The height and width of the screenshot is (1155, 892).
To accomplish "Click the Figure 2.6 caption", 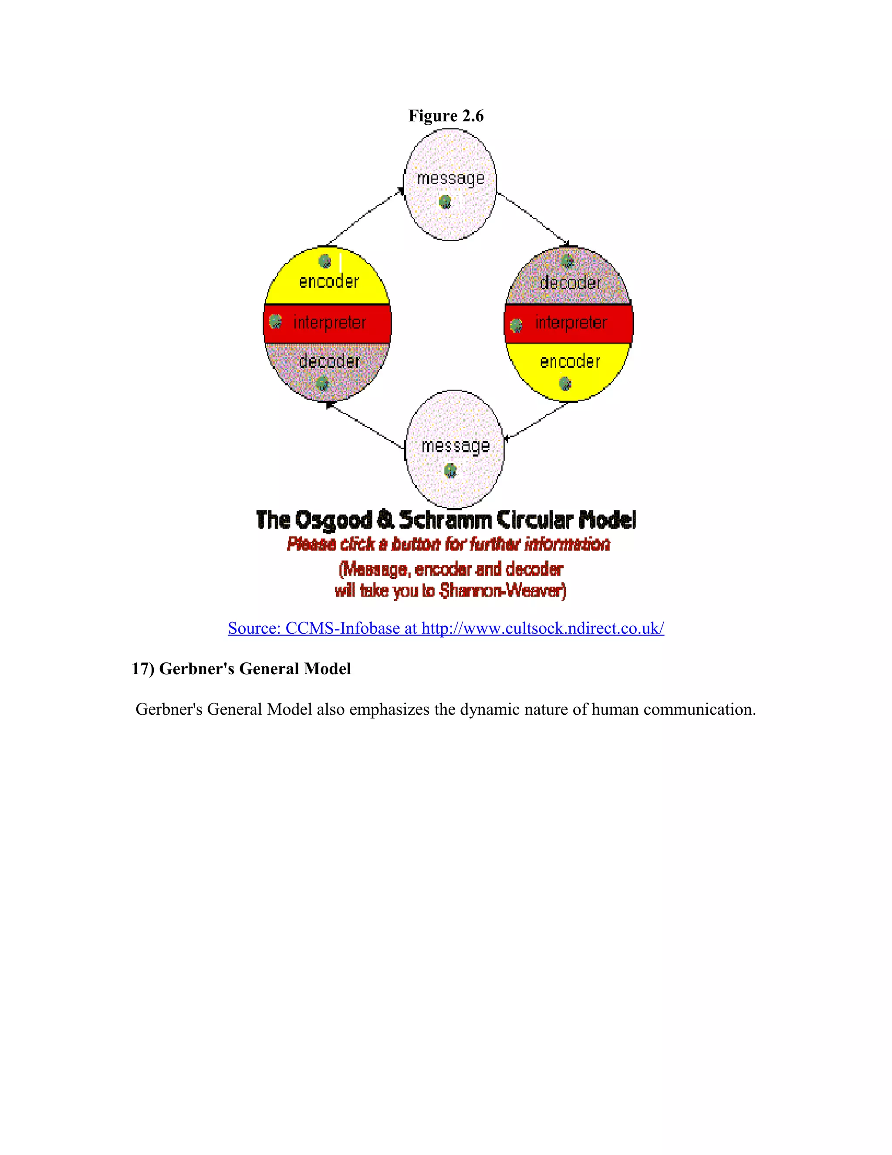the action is (446, 116).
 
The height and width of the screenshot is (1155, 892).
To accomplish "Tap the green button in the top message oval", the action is (445, 201).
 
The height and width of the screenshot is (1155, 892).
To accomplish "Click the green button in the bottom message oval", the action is (450, 470).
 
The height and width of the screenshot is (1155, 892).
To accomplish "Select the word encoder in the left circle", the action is (329, 282).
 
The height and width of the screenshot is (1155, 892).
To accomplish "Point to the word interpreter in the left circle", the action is (329, 322).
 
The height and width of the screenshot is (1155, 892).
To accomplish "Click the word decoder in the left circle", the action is (329, 362).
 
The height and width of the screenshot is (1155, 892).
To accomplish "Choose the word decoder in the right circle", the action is (570, 283).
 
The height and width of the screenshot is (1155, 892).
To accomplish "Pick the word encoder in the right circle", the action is (570, 362).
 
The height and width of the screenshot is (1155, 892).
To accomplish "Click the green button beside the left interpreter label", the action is (275, 321).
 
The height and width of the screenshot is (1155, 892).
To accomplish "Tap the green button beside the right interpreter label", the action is (516, 325).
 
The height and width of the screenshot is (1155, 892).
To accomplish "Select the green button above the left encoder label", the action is (325, 261).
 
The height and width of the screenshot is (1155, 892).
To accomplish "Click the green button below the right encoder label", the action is (565, 383).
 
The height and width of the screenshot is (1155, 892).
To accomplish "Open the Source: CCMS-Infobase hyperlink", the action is (446, 628).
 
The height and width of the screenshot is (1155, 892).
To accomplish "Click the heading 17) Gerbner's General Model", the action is (241, 669).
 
